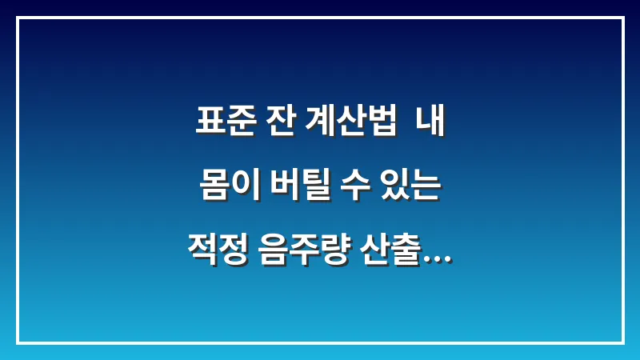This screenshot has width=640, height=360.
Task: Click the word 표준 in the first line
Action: pos(225,123)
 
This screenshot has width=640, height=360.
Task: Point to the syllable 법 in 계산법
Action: pos(381,123)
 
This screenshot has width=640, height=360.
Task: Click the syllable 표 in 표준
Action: pos(210,123)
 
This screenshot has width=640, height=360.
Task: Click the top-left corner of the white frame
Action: pos(18,18)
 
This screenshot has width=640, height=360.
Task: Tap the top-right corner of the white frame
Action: pos(622,18)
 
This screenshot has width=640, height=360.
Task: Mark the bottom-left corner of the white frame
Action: pos(18,342)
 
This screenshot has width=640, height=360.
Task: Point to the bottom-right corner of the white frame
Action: pos(622,342)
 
